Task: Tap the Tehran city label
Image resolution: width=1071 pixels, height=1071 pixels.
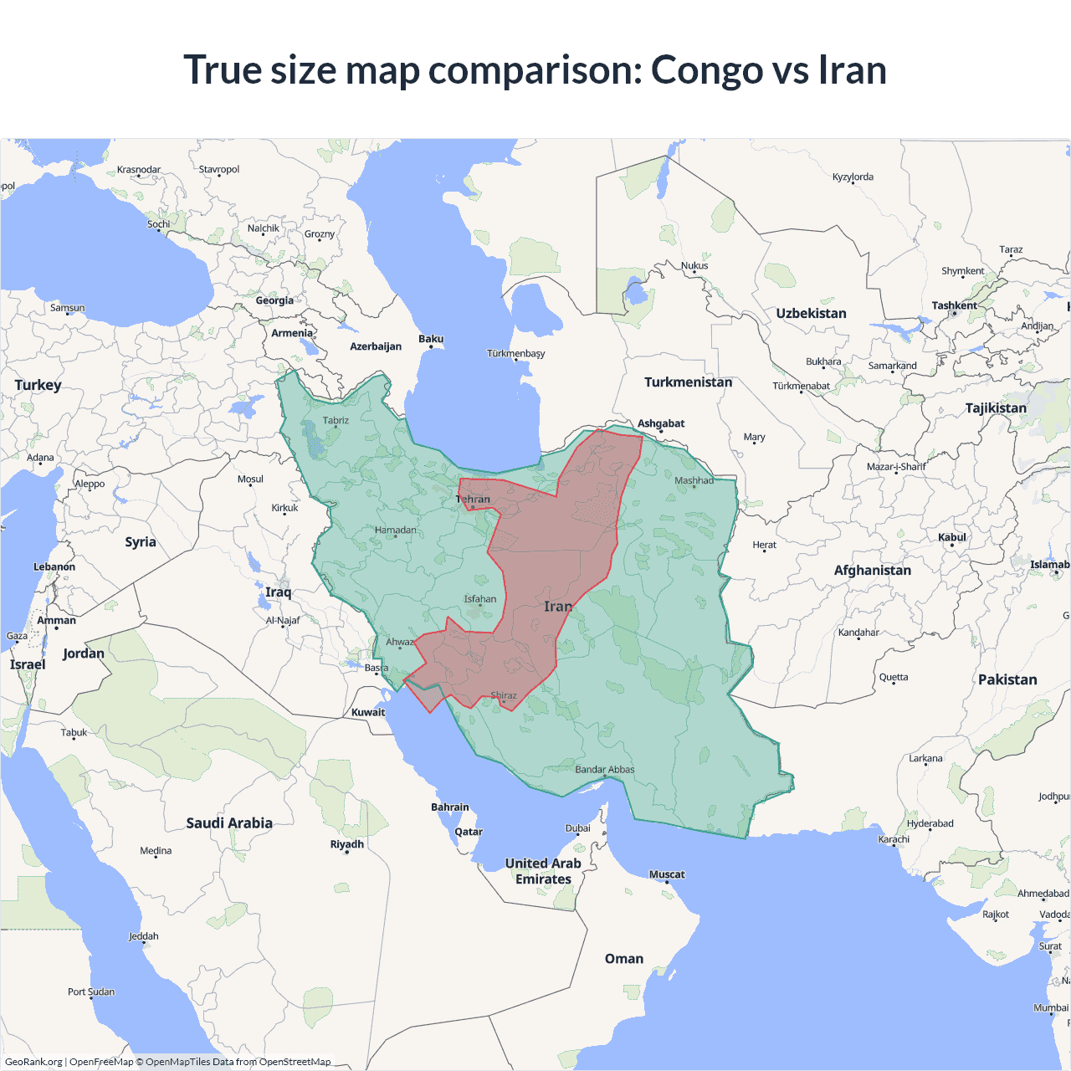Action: click(x=474, y=500)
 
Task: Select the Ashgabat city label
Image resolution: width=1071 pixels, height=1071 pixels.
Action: click(x=661, y=423)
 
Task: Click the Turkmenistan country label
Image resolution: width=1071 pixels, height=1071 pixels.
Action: click(x=688, y=382)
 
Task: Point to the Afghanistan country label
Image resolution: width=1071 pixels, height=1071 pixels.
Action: click(x=872, y=571)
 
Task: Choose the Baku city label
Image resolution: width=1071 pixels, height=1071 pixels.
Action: click(x=431, y=339)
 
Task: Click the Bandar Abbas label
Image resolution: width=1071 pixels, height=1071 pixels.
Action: click(x=605, y=770)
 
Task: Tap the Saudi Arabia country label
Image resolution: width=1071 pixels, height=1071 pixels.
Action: click(x=229, y=823)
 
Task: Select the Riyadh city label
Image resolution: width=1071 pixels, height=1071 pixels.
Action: click(x=347, y=844)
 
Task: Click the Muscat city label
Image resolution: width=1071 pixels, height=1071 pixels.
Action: click(x=667, y=874)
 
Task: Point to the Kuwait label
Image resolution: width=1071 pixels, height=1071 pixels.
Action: click(x=368, y=713)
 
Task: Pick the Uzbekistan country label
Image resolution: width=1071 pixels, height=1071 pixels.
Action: click(x=811, y=314)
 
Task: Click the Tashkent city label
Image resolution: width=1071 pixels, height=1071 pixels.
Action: click(x=954, y=306)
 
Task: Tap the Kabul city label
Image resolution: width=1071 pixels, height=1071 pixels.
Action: click(x=952, y=537)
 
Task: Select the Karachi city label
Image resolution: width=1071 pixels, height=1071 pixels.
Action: click(x=894, y=839)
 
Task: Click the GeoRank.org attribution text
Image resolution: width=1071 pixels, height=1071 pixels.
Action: click(x=33, y=1062)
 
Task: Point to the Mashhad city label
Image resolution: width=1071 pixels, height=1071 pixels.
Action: click(x=694, y=480)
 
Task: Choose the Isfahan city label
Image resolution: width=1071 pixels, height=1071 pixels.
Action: click(x=480, y=599)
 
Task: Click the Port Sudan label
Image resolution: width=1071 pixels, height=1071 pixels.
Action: click(x=91, y=992)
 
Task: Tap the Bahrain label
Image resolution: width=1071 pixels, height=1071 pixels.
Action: click(x=450, y=807)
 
